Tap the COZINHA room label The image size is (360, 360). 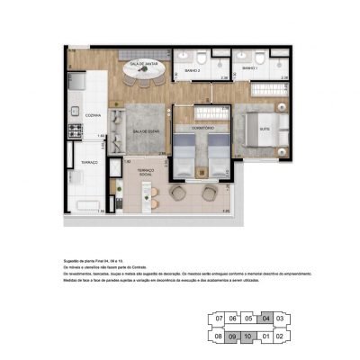pyautogui.click(x=93, y=116)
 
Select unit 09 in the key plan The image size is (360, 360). pyautogui.click(x=233, y=337)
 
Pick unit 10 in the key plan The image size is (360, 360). pyautogui.click(x=248, y=337)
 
